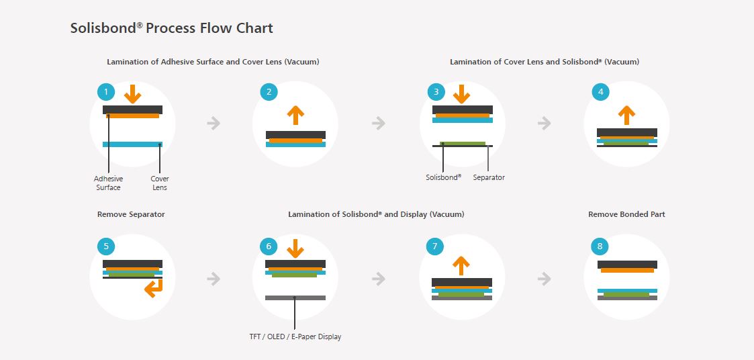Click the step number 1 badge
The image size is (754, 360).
[105, 91]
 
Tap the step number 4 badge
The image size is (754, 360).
[600, 91]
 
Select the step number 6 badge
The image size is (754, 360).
[269, 246]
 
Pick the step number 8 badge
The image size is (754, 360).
[600, 246]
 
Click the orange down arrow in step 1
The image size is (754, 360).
[132, 93]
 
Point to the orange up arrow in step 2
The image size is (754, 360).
[295, 114]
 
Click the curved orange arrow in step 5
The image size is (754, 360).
[154, 288]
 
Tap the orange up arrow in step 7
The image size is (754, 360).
[461, 265]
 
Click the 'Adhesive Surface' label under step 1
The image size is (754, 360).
[108, 183]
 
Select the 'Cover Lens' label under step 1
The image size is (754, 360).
[160, 183]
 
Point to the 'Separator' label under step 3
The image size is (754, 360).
[489, 178]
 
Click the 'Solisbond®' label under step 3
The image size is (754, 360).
[443, 178]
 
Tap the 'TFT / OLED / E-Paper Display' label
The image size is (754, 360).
[295, 336]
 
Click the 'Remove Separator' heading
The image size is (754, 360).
[131, 214]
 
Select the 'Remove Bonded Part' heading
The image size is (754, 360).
[626, 214]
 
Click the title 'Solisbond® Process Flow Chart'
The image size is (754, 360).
[172, 28]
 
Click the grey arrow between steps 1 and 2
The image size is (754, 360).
[214, 123]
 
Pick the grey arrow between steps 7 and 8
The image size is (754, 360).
[545, 278]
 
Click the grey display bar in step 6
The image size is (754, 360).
[295, 298]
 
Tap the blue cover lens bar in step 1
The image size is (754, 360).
[132, 144]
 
